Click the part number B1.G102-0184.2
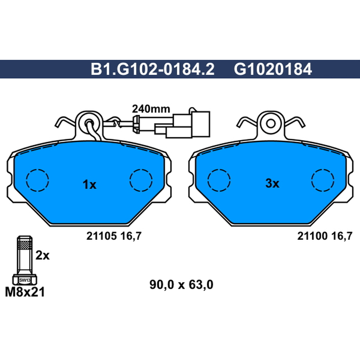tap(153, 69)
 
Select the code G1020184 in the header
tap(273, 69)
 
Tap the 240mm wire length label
tap(151, 109)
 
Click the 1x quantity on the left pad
tap(89, 184)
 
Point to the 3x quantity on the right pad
tap(272, 184)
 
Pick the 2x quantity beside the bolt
tap(42, 255)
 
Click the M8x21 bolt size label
tap(25, 292)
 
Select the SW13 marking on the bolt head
tap(25, 280)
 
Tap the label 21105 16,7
tap(114, 236)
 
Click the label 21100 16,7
tap(324, 236)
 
